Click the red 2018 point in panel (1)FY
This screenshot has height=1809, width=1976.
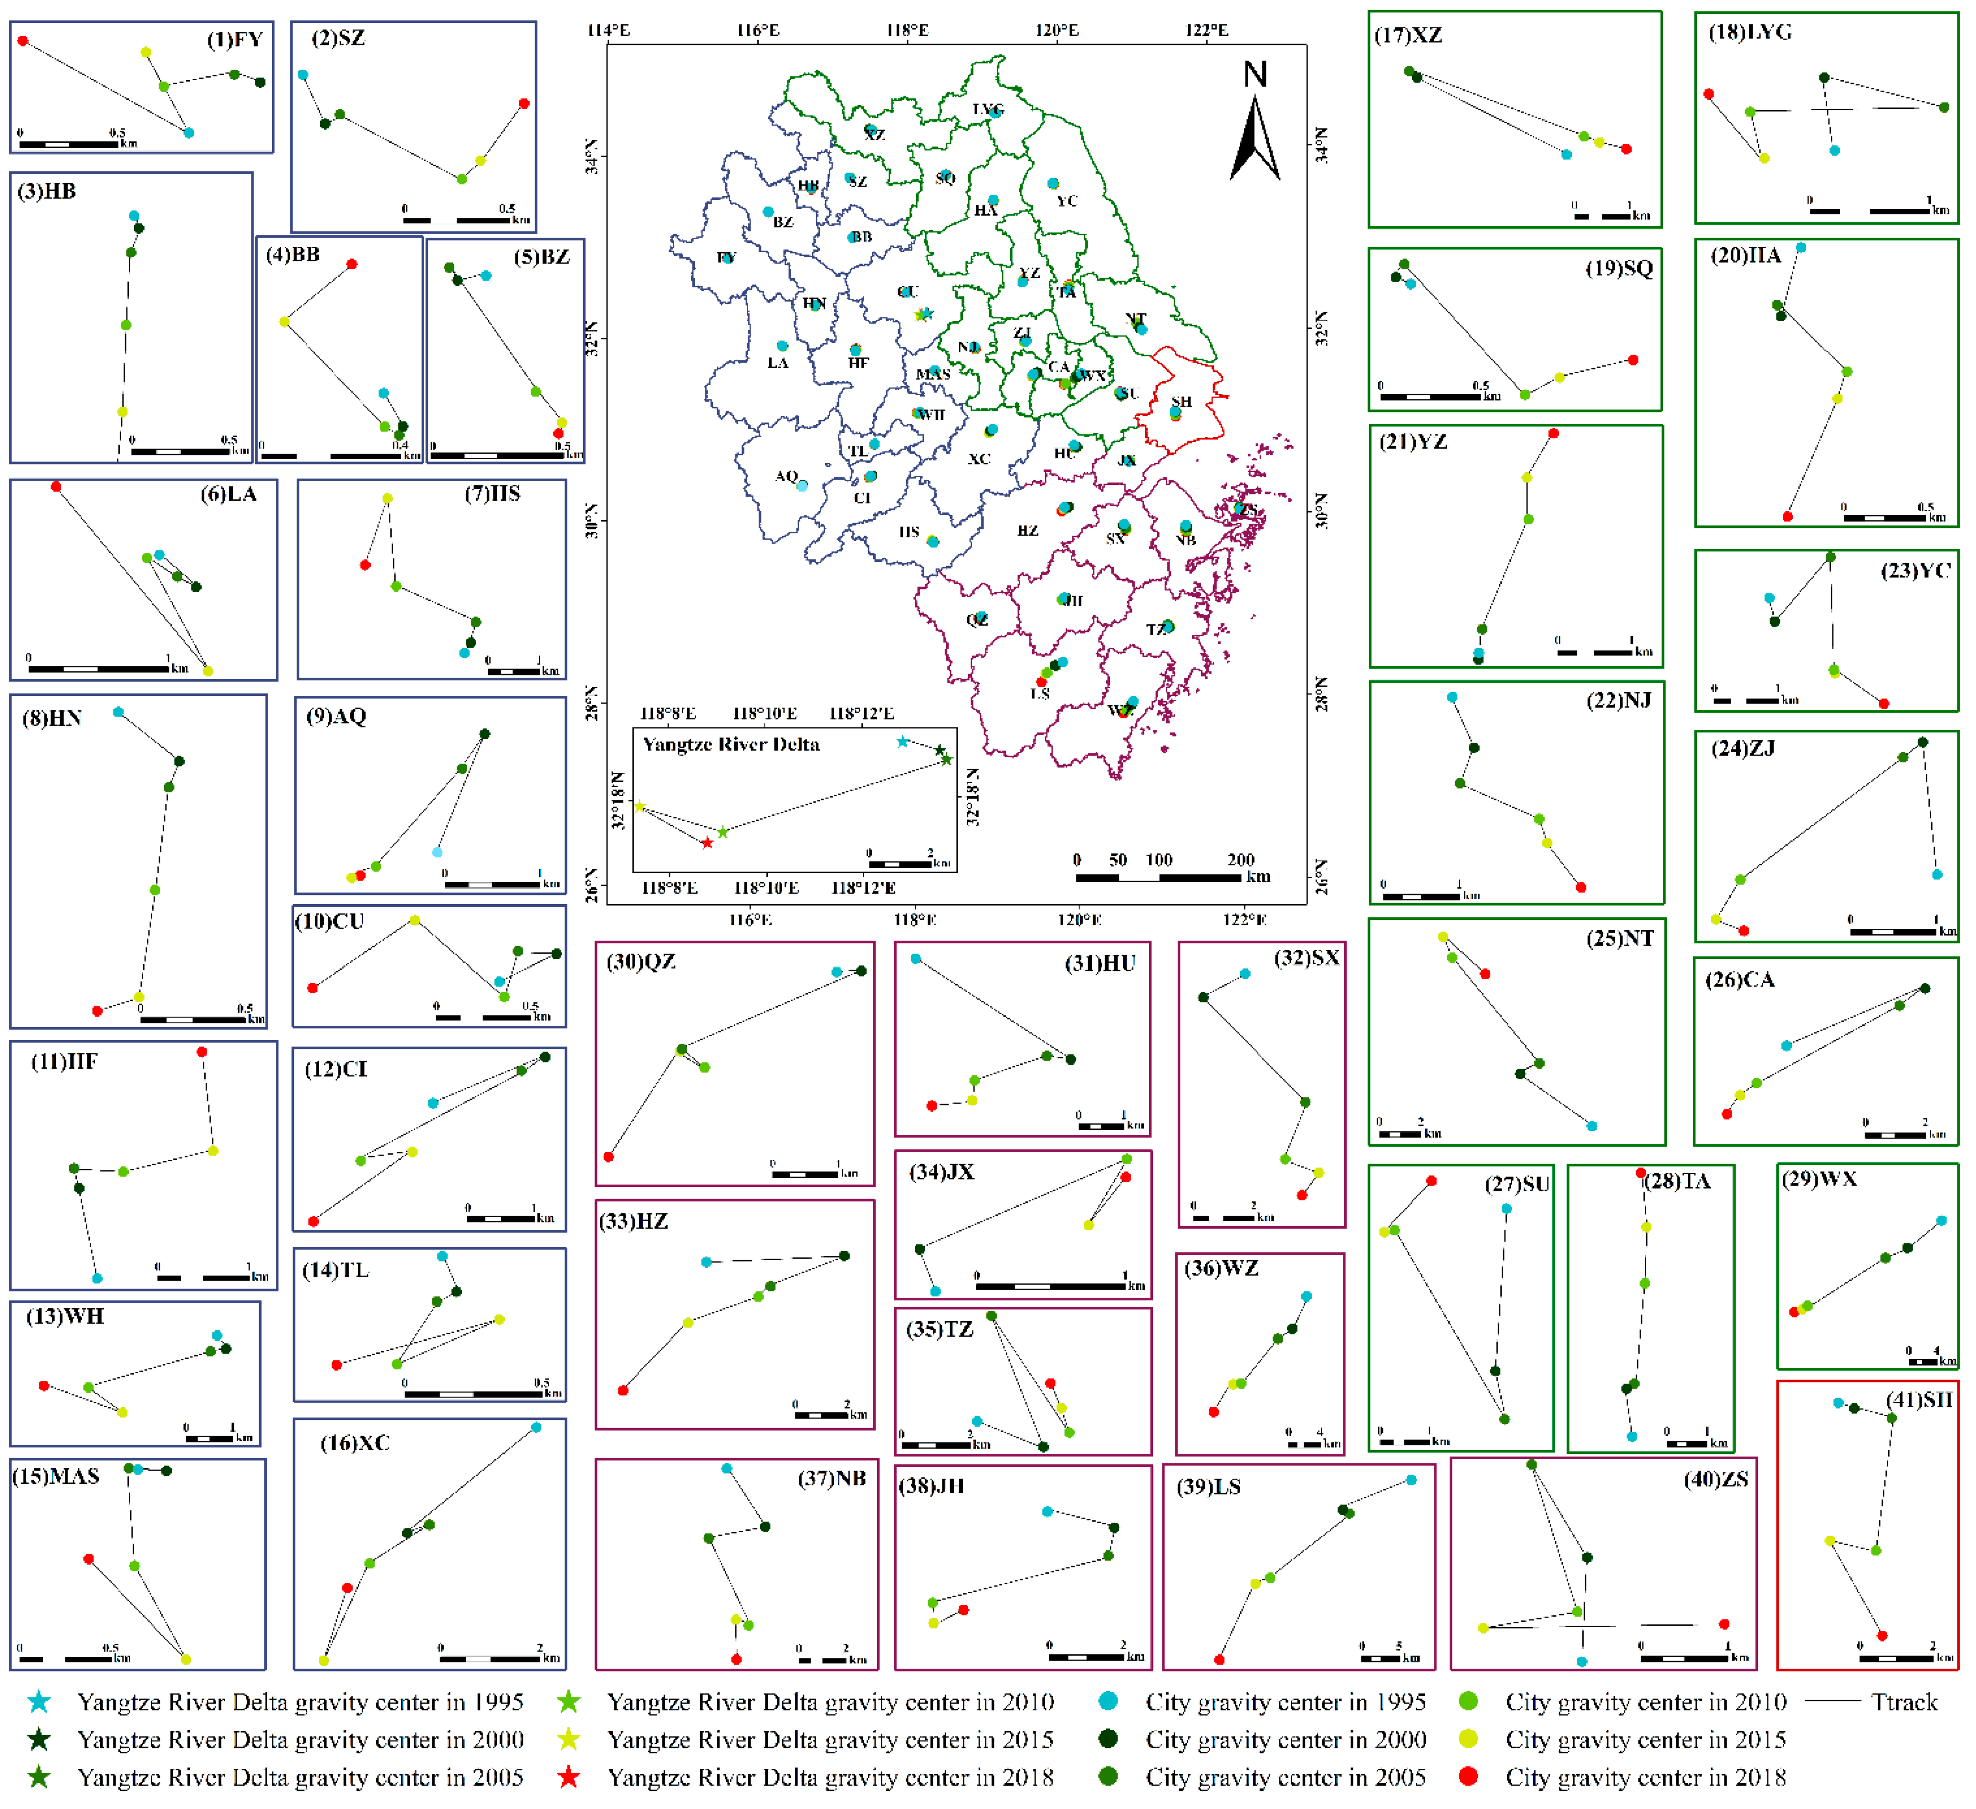[22, 41]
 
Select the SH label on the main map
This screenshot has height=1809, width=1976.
[1181, 402]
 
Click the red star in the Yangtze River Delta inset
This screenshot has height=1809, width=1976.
[707, 843]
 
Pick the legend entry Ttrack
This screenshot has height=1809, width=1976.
[1903, 1702]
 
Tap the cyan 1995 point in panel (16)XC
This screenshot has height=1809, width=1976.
[536, 1428]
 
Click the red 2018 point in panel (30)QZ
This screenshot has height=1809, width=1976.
[609, 1157]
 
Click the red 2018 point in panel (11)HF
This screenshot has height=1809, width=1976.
[202, 1052]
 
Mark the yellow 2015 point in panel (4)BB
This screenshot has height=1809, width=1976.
[284, 322]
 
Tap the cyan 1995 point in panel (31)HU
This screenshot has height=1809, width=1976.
[915, 959]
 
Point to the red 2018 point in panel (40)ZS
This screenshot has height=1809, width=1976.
[1724, 1625]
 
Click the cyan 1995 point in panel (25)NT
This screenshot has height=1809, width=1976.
[1592, 1126]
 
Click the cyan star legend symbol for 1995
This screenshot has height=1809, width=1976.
[38, 1702]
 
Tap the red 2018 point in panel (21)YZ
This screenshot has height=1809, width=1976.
[1554, 433]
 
